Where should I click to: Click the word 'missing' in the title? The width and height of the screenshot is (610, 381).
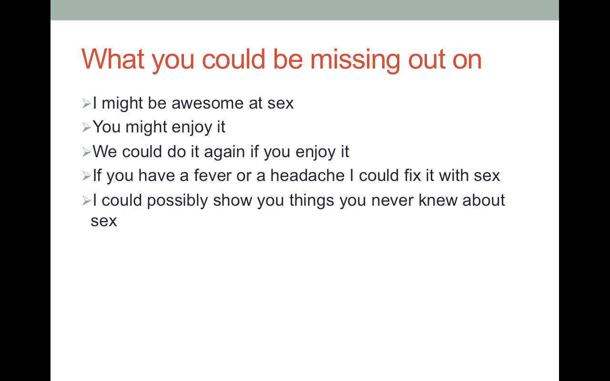click(x=355, y=60)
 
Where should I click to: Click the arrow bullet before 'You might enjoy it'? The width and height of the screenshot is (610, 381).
click(x=86, y=127)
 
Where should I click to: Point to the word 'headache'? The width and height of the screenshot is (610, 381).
click(x=307, y=175)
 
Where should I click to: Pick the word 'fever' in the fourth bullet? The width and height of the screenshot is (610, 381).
click(x=213, y=175)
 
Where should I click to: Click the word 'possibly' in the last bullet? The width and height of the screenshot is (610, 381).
click(x=177, y=201)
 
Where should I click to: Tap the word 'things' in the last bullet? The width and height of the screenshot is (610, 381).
click(x=312, y=201)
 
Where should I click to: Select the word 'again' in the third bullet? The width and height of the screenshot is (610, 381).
click(x=224, y=152)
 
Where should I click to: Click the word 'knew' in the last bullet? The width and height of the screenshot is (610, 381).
click(x=437, y=200)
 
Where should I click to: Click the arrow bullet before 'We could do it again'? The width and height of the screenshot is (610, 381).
click(x=86, y=152)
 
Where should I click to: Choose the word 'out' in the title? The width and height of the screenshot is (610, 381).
click(x=427, y=60)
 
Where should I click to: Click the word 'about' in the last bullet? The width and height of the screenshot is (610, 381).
click(x=484, y=200)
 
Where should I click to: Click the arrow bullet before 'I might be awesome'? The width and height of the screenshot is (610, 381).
click(x=86, y=104)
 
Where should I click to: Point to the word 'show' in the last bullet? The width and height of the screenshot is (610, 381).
click(x=233, y=200)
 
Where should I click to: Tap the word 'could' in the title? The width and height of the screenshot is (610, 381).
click(x=234, y=59)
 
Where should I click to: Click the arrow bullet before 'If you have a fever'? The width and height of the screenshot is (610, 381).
click(x=86, y=176)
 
